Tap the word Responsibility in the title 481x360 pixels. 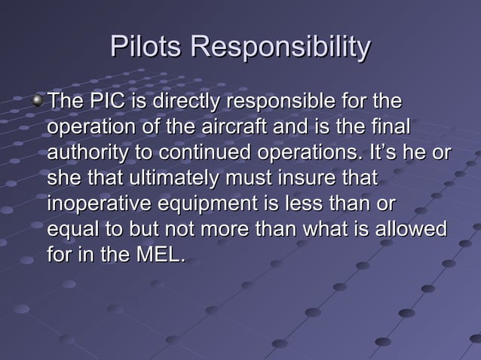point(280,48)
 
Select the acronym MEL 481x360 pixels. point(157,254)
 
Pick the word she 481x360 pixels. point(66,178)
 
